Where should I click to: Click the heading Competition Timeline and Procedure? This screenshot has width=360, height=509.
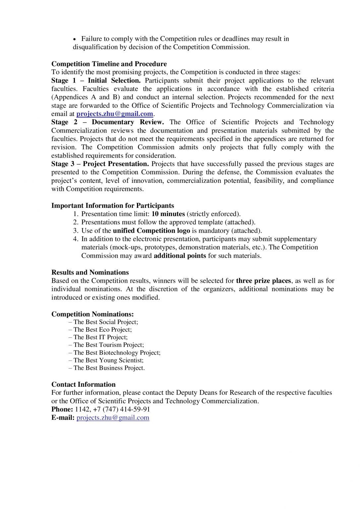coord(109,64)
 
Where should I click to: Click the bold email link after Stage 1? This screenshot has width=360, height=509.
coord(115,114)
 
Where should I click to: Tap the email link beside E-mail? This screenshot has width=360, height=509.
coord(113,418)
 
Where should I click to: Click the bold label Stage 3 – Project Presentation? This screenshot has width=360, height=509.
coord(100,164)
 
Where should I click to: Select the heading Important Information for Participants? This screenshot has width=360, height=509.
coord(112,206)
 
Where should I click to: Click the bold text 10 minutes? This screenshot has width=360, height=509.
coord(168,214)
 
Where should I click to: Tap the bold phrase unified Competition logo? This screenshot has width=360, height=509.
coord(151,231)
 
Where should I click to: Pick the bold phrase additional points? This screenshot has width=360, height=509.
coord(180,256)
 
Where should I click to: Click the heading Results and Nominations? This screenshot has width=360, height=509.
coord(90,272)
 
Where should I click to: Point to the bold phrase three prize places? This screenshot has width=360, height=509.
coord(263,281)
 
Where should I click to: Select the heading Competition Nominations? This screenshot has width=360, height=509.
coord(92,314)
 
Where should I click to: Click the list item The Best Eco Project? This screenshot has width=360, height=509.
coord(102,330)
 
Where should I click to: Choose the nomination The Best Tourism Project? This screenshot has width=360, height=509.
coord(108,345)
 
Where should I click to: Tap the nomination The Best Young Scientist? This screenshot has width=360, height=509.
coord(108,361)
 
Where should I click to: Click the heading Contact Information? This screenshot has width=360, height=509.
coord(84,384)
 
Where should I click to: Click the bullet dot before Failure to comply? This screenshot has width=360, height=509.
coord(75,39)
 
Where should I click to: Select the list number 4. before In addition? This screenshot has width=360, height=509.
coord(76,239)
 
